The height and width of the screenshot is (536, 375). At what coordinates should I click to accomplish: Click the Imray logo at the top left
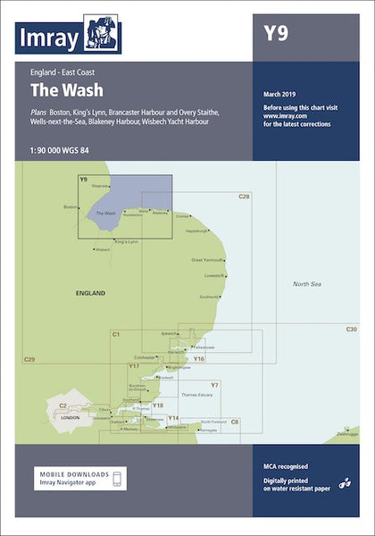click(68, 36)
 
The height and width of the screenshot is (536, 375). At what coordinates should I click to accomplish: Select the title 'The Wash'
click(66, 90)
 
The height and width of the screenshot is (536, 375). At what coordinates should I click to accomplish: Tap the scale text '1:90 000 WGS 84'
click(64, 147)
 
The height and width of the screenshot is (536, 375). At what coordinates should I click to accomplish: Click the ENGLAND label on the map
click(91, 293)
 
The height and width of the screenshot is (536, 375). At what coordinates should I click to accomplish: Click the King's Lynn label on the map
click(127, 241)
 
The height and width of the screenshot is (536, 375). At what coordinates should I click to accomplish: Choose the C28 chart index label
click(244, 196)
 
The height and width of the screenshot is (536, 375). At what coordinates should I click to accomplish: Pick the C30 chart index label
click(351, 331)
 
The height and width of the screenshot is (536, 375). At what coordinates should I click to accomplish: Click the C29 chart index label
click(29, 359)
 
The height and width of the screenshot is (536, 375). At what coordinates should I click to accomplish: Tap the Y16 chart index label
click(199, 358)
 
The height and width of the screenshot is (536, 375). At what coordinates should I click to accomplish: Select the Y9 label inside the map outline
click(83, 180)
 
